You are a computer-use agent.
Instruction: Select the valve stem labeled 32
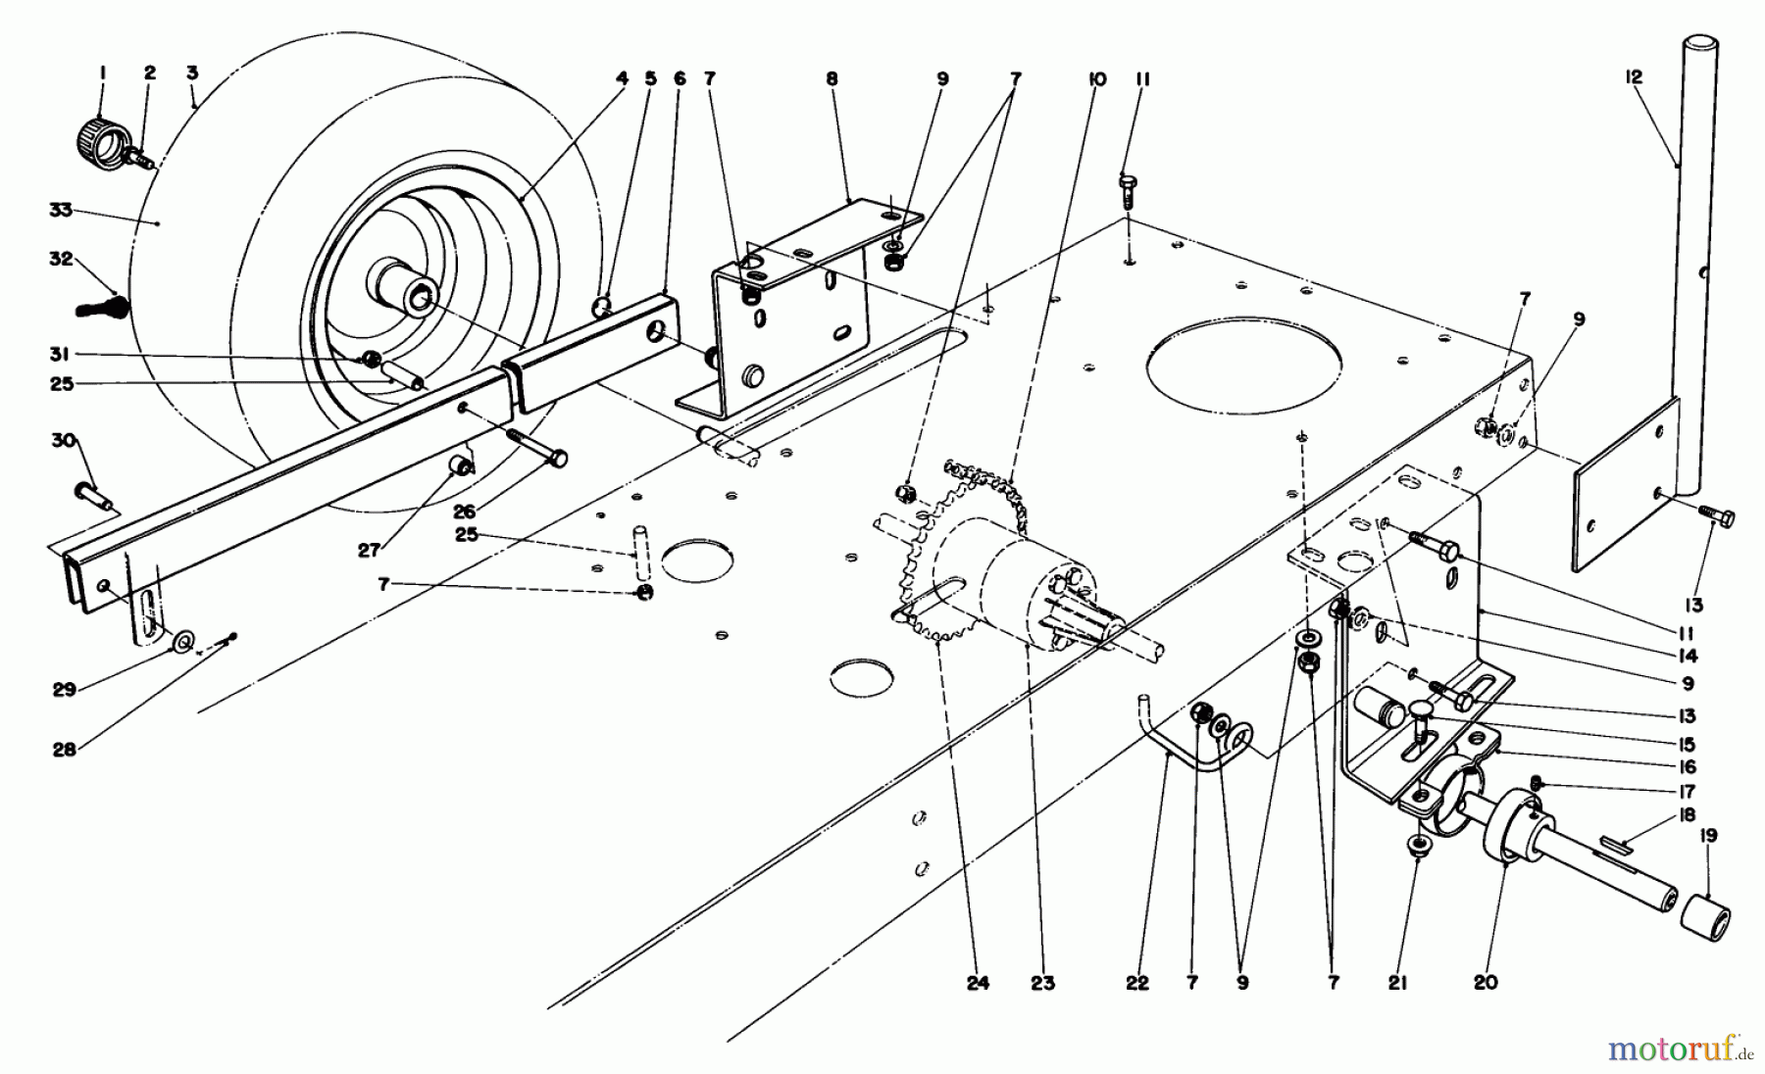pos(103,308)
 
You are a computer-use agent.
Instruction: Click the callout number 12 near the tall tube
pos(1633,77)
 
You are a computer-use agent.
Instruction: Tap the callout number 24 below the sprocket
pos(977,982)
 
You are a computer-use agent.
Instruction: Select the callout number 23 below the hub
pos(1042,982)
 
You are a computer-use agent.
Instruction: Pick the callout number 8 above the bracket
pos(832,77)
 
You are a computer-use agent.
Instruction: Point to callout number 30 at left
pos(64,441)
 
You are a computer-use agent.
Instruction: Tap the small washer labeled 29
pos(181,642)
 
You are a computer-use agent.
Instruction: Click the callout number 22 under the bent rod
pos(1136,982)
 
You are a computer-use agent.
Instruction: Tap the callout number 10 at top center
pos(1096,77)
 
